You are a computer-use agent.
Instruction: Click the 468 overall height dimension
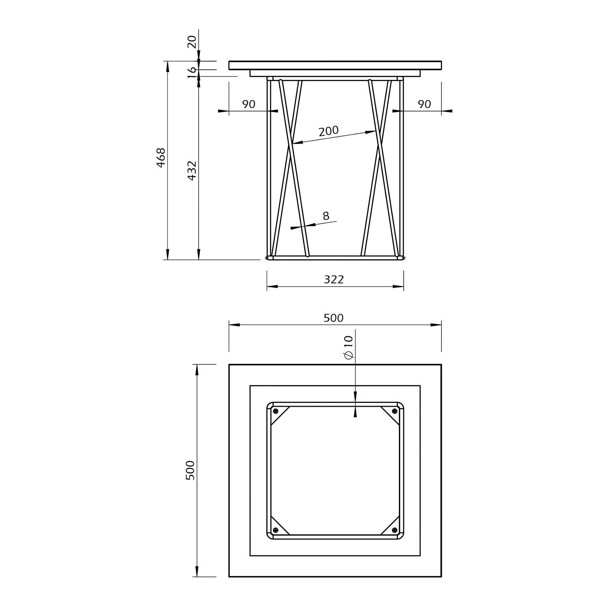tap(161, 158)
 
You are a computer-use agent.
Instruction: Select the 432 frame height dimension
tap(192, 170)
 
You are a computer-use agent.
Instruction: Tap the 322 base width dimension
tap(334, 279)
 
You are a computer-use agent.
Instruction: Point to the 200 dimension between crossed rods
tap(329, 131)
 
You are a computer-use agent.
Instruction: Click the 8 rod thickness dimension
tap(326, 216)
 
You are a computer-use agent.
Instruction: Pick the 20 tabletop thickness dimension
tap(192, 42)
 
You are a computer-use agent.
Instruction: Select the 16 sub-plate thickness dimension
tap(192, 73)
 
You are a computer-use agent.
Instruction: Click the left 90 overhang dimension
tap(249, 104)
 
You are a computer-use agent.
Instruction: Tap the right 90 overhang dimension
tap(424, 104)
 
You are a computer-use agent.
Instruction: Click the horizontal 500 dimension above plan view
tap(334, 318)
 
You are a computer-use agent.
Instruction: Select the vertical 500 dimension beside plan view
tap(191, 470)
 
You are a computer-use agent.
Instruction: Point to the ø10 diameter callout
tap(349, 347)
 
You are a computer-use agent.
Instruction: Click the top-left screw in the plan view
tap(276, 411)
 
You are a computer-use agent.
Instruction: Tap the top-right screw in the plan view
tap(394, 411)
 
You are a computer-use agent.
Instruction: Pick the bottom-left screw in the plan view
tap(276, 530)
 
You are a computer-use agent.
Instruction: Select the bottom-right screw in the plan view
tap(394, 530)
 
